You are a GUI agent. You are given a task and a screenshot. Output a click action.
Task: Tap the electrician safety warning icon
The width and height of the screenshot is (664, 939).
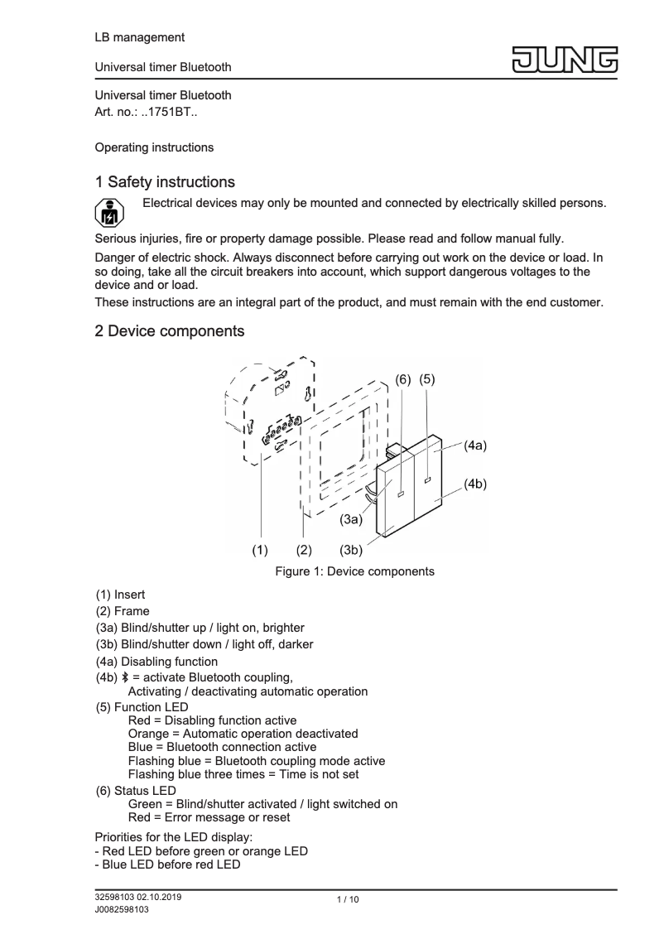(108, 214)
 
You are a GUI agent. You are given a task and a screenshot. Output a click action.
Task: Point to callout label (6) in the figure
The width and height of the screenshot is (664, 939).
(402, 378)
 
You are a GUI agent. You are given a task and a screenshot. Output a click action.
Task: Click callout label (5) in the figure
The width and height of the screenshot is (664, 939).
(427, 378)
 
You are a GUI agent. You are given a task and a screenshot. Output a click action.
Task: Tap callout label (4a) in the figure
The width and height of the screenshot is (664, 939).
(474, 445)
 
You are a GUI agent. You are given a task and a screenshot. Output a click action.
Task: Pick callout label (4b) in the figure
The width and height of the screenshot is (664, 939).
(474, 484)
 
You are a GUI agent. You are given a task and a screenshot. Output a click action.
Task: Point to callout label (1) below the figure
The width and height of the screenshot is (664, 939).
(261, 549)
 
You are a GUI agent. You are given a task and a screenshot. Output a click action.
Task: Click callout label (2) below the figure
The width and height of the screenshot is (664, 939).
(304, 549)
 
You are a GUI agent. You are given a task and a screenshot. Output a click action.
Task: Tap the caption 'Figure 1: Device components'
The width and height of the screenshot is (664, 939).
(354, 571)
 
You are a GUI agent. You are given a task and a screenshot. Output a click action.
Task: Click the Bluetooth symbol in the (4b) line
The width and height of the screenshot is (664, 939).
(123, 678)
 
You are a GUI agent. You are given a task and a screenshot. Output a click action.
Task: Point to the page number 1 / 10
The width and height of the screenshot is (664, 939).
(348, 900)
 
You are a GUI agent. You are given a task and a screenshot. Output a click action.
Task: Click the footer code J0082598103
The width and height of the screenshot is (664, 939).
(122, 909)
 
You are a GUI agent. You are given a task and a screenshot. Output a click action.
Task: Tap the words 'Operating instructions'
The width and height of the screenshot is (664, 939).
(154, 147)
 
